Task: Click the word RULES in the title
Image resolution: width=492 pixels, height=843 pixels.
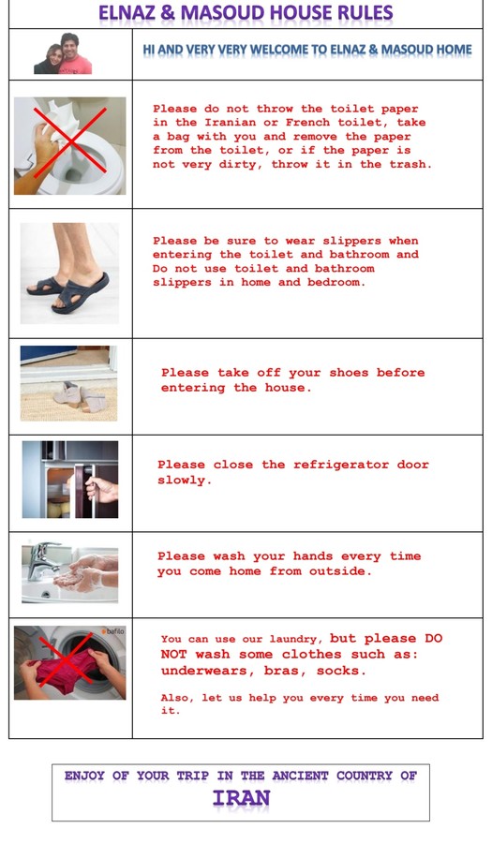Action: coord(364,12)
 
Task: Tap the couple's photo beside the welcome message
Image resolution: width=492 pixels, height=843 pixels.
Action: coord(63,53)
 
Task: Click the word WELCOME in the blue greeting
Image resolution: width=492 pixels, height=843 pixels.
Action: coord(278,50)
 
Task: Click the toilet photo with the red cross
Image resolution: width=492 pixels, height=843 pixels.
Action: coord(70,146)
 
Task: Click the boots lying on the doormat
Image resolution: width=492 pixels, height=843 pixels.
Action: coord(80,397)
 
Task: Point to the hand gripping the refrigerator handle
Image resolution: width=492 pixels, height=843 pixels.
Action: coord(102,489)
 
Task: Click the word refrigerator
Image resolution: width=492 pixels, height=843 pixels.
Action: coord(341,465)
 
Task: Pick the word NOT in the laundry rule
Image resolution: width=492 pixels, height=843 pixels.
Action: coord(172,655)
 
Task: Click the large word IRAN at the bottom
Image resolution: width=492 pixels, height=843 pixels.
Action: coord(241,798)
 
